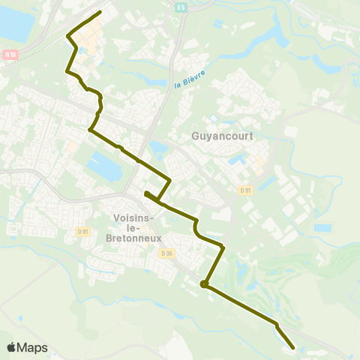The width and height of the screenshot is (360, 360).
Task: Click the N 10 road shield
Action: [x=10, y=54]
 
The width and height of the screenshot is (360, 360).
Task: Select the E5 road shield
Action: [x=180, y=7]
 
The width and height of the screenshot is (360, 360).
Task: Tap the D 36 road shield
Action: [x=166, y=253]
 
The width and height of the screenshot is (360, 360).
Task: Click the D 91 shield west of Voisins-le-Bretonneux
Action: [x=82, y=232]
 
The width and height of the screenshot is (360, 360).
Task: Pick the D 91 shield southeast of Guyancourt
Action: [x=246, y=190]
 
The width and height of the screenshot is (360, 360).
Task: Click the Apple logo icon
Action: [x=13, y=347]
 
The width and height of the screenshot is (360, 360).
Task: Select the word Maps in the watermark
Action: [x=34, y=347]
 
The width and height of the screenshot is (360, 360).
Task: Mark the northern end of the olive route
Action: [x=100, y=13]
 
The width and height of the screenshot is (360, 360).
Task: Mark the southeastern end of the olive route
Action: [x=293, y=347]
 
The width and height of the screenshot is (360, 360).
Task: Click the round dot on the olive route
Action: [x=203, y=283]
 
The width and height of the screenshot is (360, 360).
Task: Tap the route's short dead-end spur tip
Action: [x=145, y=193]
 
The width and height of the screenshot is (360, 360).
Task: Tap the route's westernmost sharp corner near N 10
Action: [x=68, y=35]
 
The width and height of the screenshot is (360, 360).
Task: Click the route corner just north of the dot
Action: [x=223, y=246]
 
